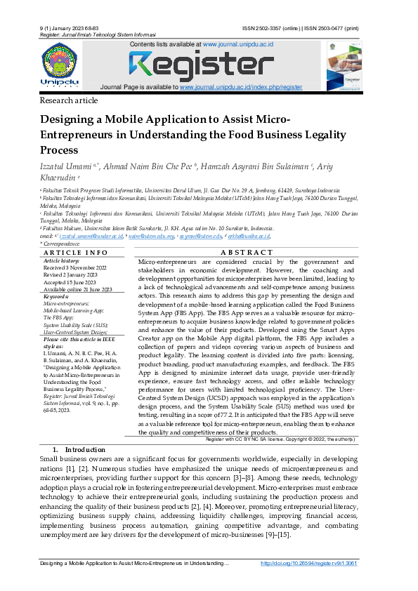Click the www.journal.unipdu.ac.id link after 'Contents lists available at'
tap(238, 44)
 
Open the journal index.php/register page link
tap(241, 87)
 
